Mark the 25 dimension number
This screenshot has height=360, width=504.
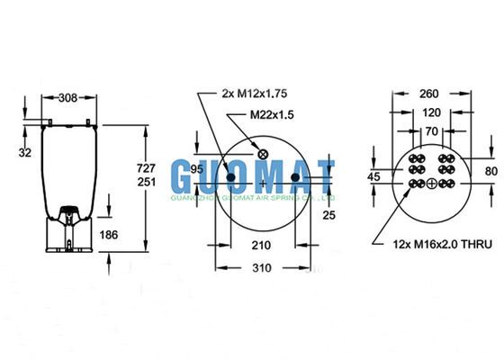click(329, 213)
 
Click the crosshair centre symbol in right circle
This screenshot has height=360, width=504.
click(432, 184)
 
